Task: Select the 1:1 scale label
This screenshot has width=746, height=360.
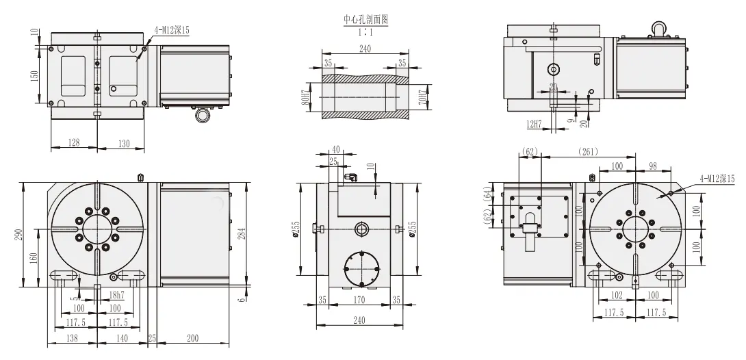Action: (365, 31)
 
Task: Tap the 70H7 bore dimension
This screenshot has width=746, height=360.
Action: (423, 96)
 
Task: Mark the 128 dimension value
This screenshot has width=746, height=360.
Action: (74, 142)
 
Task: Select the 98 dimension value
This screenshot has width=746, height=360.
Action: (652, 166)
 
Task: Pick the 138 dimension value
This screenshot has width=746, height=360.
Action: (71, 338)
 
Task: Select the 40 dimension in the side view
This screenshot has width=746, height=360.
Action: (335, 149)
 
